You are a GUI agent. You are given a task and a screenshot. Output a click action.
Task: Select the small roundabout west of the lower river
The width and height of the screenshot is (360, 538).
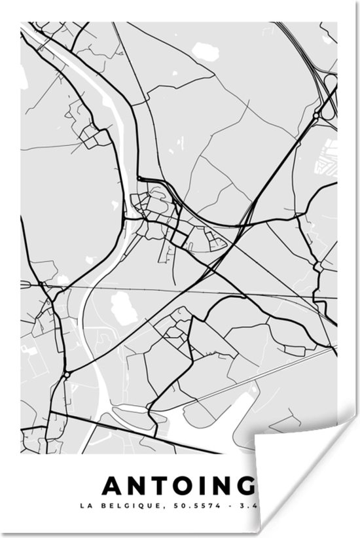[x=67, y=375]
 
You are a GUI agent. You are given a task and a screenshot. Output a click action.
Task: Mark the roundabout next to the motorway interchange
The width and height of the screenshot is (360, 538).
[x=316, y=116]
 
